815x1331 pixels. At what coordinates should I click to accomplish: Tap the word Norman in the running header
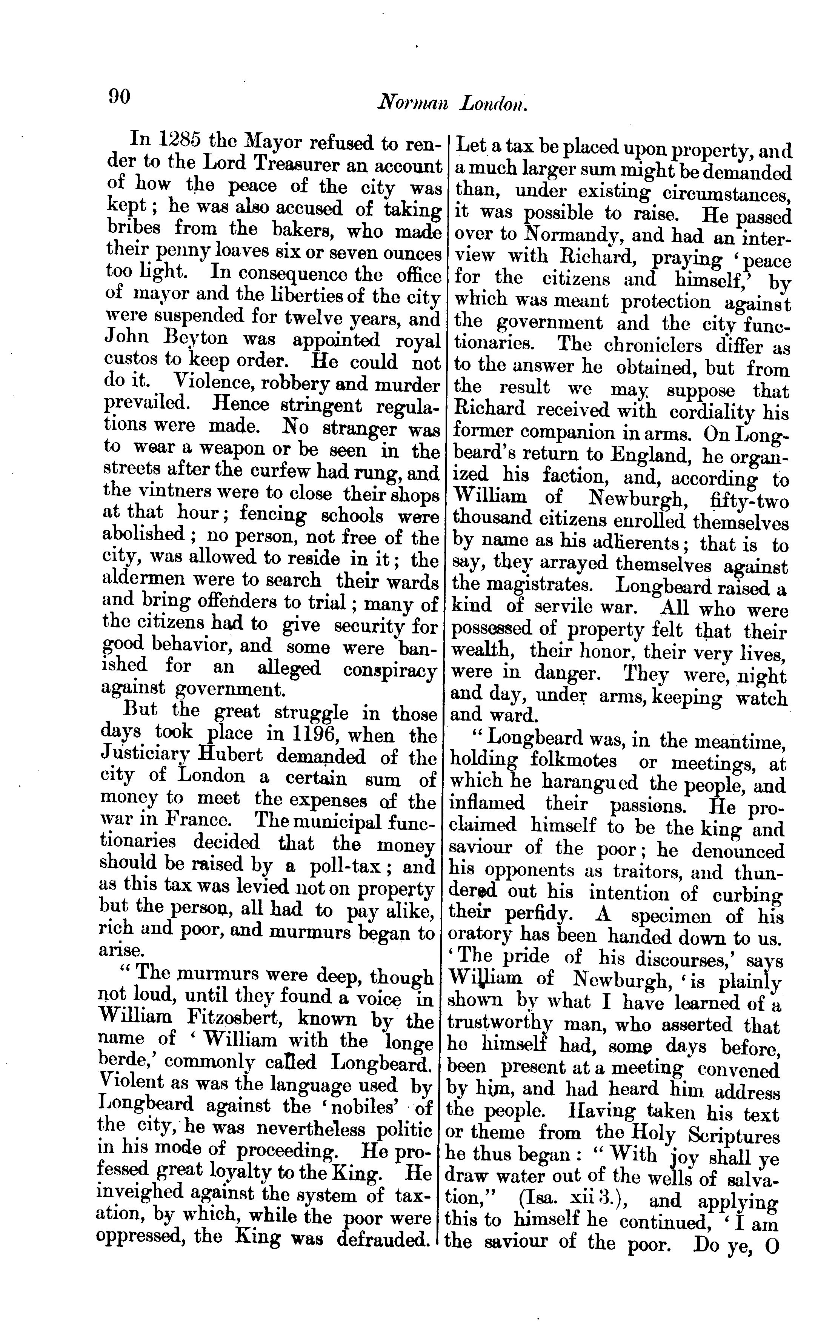[x=413, y=103]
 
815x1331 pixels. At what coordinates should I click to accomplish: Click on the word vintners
[x=174, y=493]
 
